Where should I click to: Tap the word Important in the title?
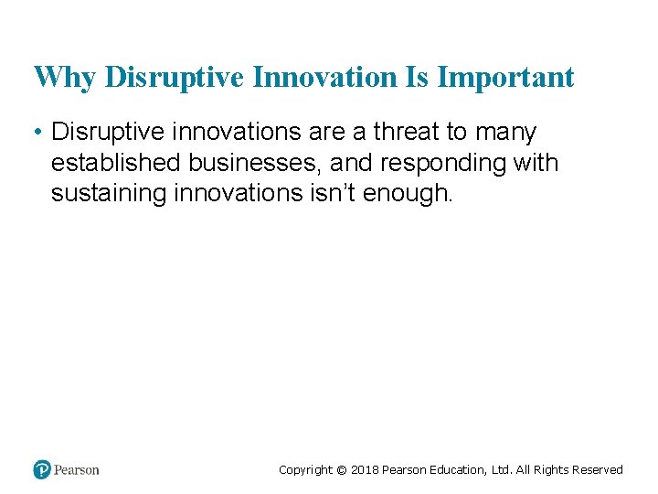point(505,77)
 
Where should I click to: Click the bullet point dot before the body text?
point(38,133)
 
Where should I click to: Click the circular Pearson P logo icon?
point(42,469)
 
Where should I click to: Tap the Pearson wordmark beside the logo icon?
point(76,470)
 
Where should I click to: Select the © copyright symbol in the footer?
point(342,470)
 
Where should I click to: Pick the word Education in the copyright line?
point(457,470)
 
